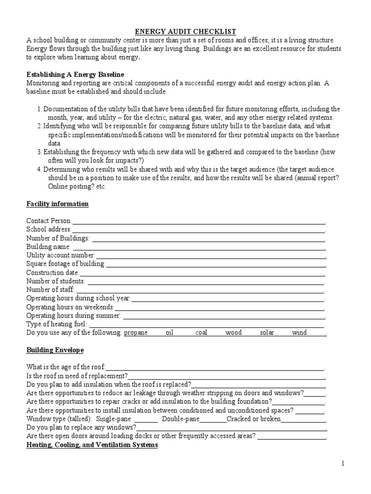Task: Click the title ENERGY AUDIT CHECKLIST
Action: (185, 31)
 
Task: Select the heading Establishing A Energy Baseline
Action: (75, 74)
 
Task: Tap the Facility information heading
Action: (57, 204)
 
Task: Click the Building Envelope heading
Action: (55, 350)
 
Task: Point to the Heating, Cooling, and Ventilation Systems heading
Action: (92, 445)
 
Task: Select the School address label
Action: (49, 229)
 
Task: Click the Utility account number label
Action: (61, 255)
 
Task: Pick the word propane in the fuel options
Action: (136, 332)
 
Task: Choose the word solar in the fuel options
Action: (267, 332)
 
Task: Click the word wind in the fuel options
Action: (299, 332)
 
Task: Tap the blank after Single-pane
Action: (145, 419)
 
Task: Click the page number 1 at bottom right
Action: (343, 464)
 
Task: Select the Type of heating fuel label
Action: (57, 324)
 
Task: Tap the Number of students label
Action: (56, 281)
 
